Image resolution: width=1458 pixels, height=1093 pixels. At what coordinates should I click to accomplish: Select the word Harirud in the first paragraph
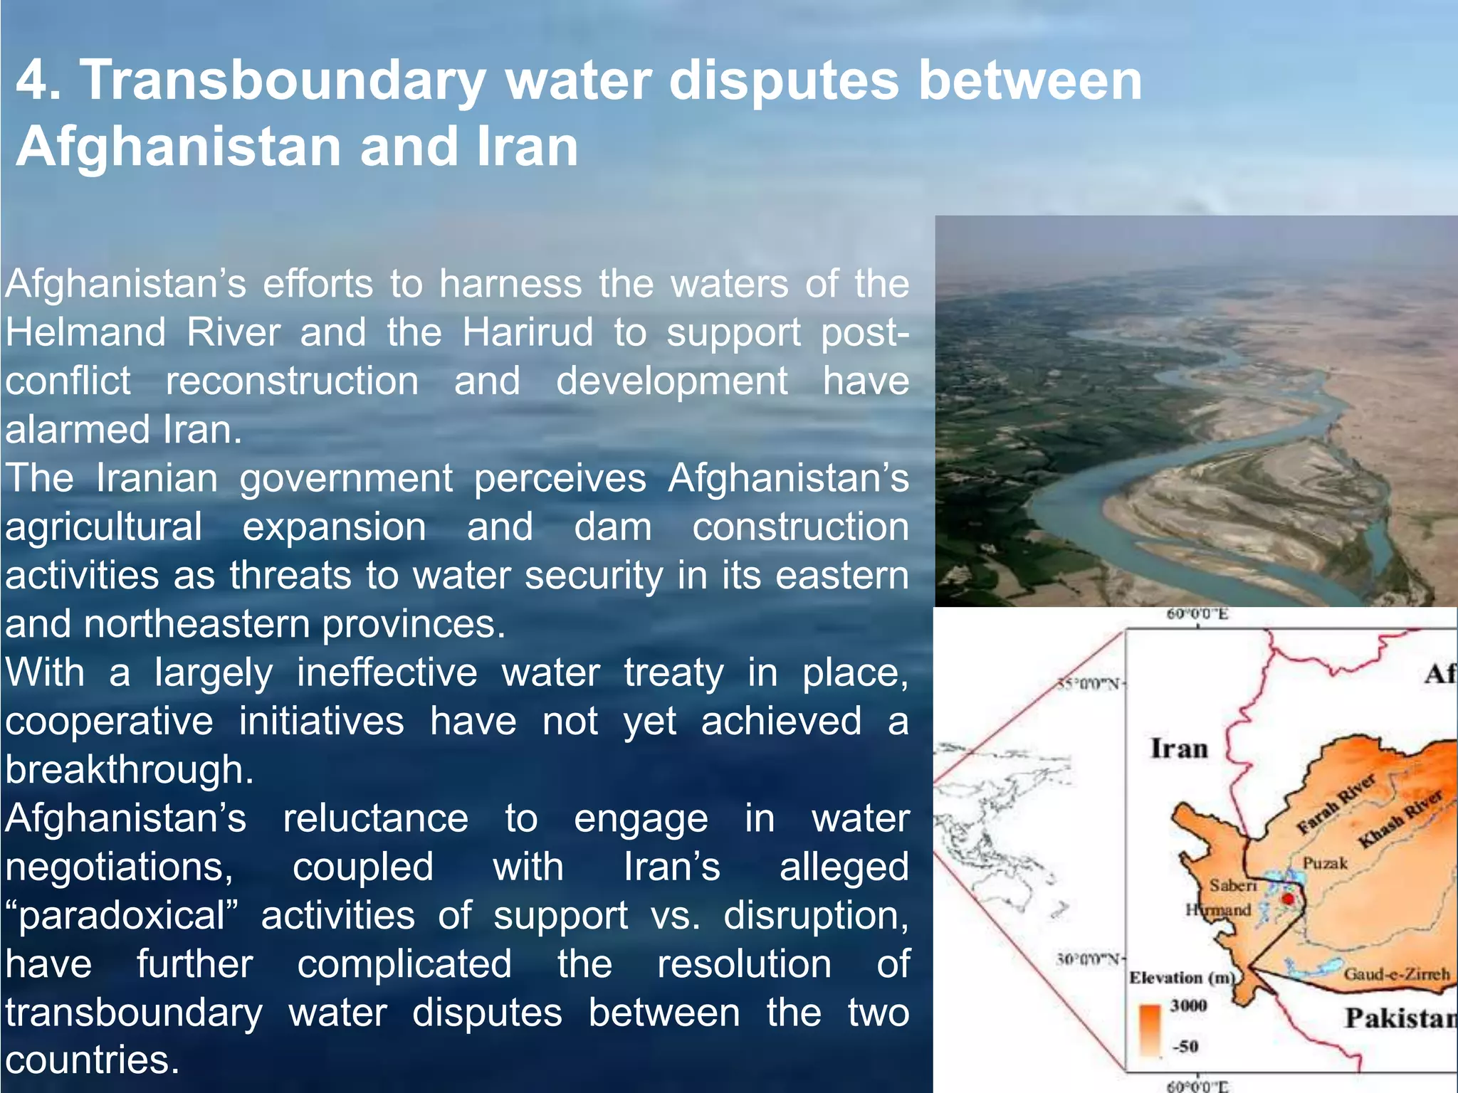(x=528, y=332)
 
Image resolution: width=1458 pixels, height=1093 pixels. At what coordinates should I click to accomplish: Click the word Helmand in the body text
(x=86, y=332)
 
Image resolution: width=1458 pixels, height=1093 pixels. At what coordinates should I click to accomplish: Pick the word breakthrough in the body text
(x=129, y=770)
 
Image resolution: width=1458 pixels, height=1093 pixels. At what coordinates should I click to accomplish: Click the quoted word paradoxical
(x=122, y=916)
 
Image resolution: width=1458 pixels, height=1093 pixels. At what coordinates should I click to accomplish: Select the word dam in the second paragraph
(x=612, y=527)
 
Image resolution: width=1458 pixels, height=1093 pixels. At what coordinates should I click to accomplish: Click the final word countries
(x=92, y=1060)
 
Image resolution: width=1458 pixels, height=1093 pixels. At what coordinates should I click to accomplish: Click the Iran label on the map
(x=1179, y=749)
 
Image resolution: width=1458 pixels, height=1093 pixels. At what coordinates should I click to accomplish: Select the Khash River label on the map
(x=1400, y=818)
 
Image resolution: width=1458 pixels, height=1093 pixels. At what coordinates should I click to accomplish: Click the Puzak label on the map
(x=1325, y=863)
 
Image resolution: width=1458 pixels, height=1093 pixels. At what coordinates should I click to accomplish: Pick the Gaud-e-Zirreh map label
(x=1396, y=974)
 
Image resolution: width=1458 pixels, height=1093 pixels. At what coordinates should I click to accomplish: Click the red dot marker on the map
(x=1287, y=899)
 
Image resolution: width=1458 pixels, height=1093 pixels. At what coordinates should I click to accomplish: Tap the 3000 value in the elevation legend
(x=1188, y=1005)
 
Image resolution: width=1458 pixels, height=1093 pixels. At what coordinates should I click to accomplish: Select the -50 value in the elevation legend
(x=1186, y=1046)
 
